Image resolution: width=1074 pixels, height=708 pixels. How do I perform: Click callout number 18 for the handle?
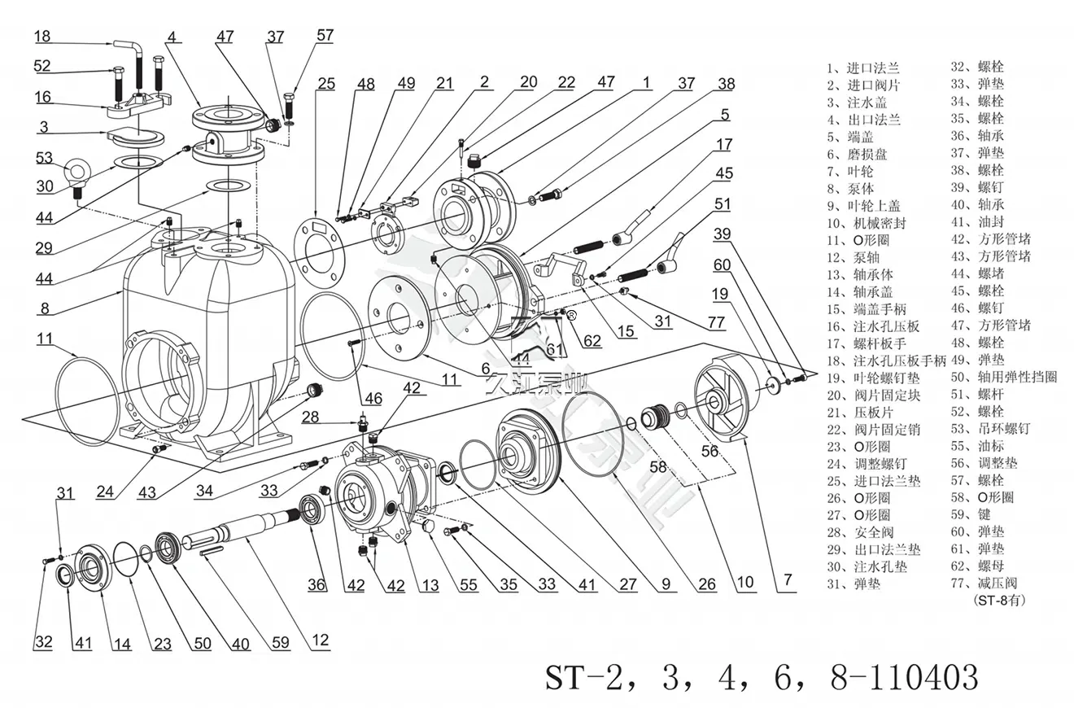42,36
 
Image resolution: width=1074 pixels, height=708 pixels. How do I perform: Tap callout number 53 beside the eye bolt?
44,158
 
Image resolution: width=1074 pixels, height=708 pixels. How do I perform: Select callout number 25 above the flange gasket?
326,83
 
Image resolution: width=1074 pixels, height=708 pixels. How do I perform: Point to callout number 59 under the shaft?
281,643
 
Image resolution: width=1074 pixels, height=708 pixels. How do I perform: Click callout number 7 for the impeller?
787,580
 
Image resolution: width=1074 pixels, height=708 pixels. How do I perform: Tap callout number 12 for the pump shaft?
321,640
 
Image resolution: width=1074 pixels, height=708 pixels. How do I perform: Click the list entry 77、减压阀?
989,583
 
